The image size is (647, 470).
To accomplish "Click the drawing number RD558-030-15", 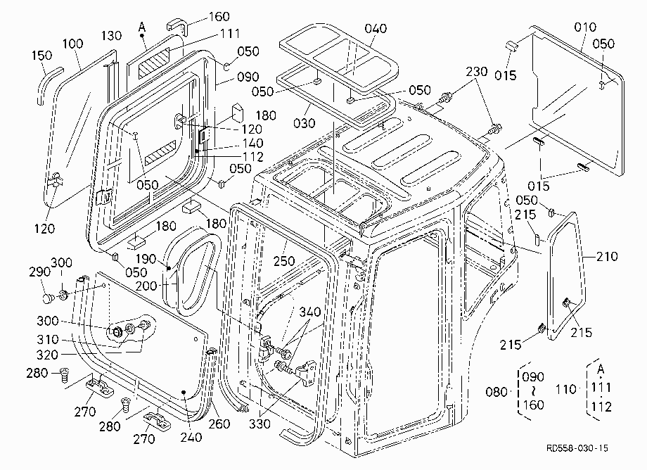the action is point(577,448).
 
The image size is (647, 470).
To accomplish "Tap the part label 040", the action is point(376,28).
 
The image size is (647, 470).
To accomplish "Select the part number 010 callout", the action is point(585,27).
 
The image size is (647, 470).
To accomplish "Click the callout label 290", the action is point(39,272).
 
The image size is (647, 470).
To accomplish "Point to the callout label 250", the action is point(284,261).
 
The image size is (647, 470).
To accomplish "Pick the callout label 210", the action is point(606,256).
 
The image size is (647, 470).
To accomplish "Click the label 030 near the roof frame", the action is point(304,123).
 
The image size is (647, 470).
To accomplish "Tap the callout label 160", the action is point(219,16).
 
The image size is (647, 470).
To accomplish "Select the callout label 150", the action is point(41,56).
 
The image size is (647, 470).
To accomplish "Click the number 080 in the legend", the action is point(497,392).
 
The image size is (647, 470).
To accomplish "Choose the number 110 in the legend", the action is point(565,389).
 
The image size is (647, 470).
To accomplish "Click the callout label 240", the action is point(191,437).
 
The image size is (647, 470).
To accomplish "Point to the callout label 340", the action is point(310,312).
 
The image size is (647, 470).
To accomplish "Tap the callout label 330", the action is point(260,424).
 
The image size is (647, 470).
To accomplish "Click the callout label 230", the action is point(477,71).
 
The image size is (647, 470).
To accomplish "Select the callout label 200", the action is point(146,286).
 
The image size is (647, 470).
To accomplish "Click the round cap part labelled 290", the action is point(48,297).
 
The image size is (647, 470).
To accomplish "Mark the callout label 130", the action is point(111,35).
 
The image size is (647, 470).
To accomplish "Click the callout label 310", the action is point(47,339).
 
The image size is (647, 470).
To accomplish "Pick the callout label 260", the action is point(219,424).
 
